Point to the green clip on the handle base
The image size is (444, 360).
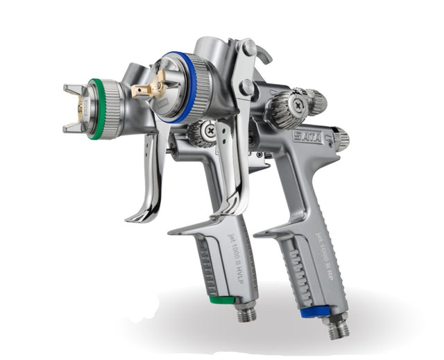(222, 301)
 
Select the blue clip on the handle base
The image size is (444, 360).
(316, 312)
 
